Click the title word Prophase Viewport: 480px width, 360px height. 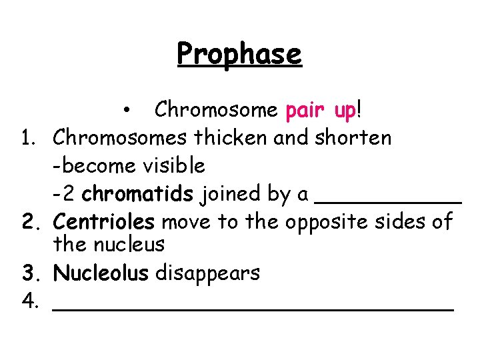[239, 53]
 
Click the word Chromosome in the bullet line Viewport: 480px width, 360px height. [215, 109]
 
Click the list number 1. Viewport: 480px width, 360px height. [27, 138]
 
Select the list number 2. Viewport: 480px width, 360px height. [28, 221]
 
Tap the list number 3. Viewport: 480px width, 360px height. [28, 272]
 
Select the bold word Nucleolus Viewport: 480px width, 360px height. [101, 272]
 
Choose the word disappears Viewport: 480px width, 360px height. [207, 273]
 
